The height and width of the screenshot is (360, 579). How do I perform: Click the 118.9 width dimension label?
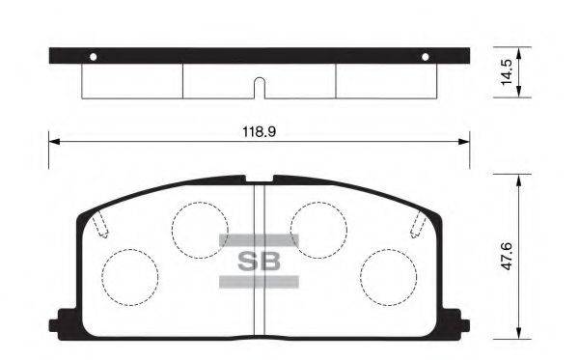click(x=259, y=128)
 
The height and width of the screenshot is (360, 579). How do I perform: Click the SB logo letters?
click(x=258, y=260)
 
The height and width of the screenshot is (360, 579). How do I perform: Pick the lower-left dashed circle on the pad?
click(x=130, y=277)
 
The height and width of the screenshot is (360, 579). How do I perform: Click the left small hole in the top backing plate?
click(x=93, y=56)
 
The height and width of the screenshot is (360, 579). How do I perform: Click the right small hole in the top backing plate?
click(x=425, y=56)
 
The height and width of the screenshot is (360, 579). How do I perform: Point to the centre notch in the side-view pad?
click(x=259, y=87)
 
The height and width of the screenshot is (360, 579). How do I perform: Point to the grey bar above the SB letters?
click(x=258, y=239)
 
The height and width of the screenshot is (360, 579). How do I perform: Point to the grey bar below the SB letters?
click(x=258, y=281)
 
